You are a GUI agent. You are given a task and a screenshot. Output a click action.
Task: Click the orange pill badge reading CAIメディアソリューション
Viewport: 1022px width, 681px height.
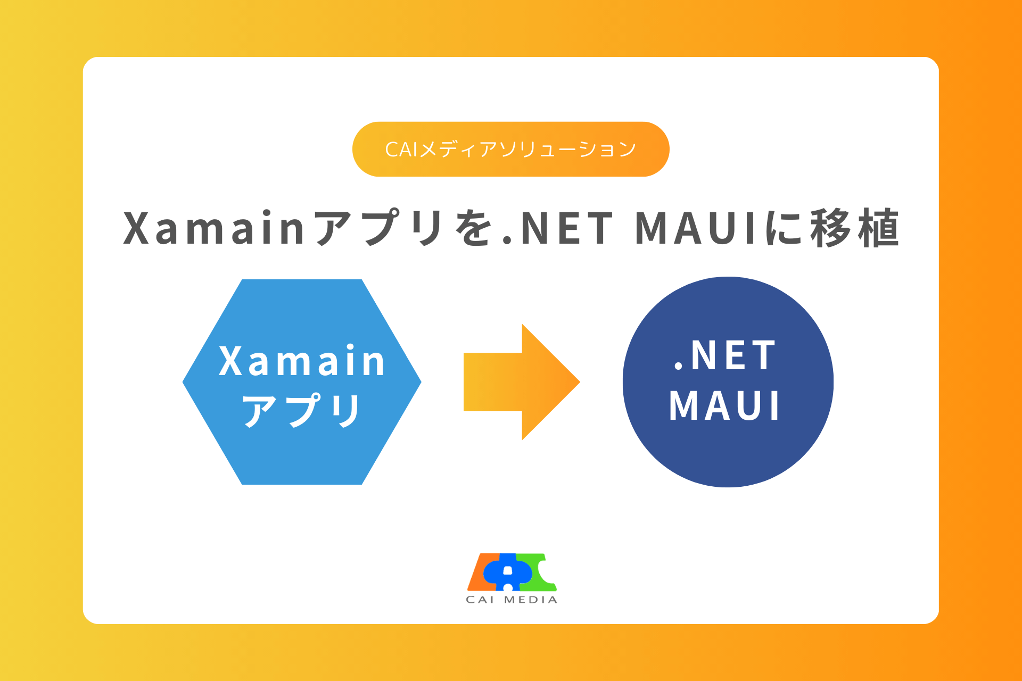tap(510, 149)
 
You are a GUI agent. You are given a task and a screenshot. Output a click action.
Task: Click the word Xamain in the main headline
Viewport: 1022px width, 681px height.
tap(214, 228)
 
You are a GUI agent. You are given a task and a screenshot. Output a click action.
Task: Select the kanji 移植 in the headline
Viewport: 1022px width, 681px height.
tap(855, 228)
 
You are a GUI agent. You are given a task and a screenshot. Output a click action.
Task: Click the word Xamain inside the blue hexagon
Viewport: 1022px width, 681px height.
tap(302, 361)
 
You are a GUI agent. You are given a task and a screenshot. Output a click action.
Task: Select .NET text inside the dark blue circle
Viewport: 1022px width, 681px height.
tap(725, 355)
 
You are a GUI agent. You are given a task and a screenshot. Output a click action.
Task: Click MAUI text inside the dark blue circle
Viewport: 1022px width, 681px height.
tap(725, 406)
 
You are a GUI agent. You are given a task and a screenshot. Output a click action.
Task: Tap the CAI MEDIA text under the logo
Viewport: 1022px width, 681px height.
tap(511, 600)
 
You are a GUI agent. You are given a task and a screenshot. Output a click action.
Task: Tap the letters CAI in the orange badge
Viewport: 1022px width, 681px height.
tap(401, 150)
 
